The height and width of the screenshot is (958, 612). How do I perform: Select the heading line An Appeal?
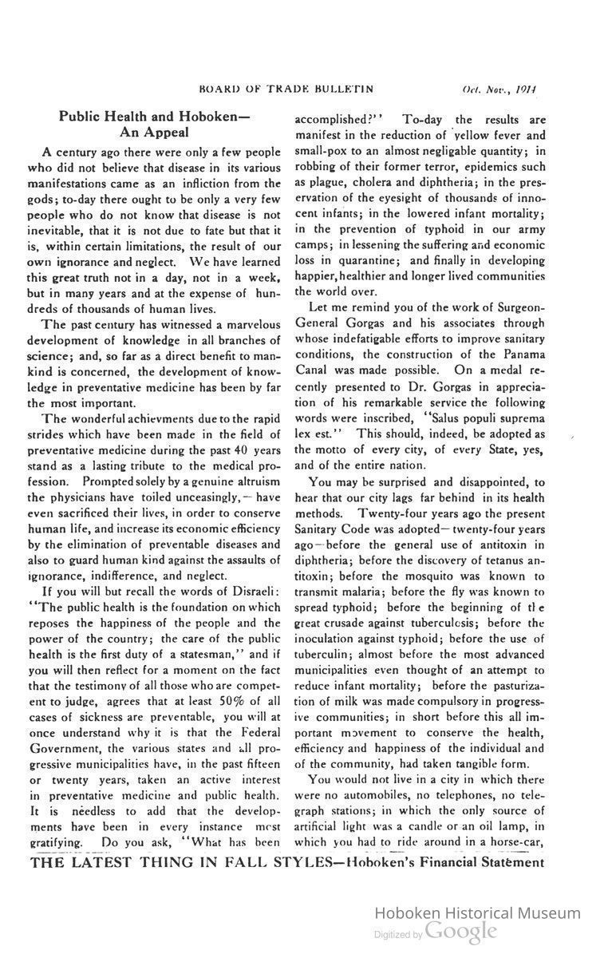point(154,131)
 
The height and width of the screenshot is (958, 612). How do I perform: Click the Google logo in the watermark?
point(460,930)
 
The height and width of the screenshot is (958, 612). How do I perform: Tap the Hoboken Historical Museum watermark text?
point(477,912)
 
